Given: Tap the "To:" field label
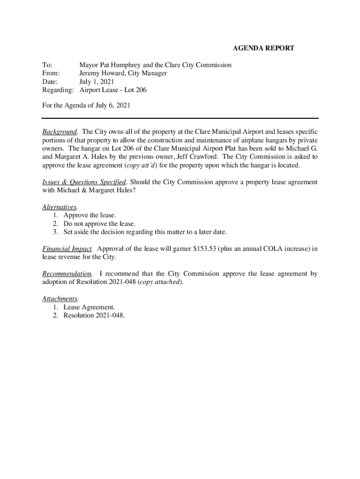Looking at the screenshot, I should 47,65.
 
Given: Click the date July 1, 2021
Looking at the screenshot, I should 96,82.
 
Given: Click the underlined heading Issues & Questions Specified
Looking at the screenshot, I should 84,181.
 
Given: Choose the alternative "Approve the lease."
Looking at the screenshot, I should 90,215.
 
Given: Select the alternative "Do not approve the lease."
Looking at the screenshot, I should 99,224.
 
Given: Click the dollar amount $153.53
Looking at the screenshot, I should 204,248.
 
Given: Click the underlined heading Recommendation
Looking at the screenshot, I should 66,274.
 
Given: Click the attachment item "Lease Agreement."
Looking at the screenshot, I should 89,307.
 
